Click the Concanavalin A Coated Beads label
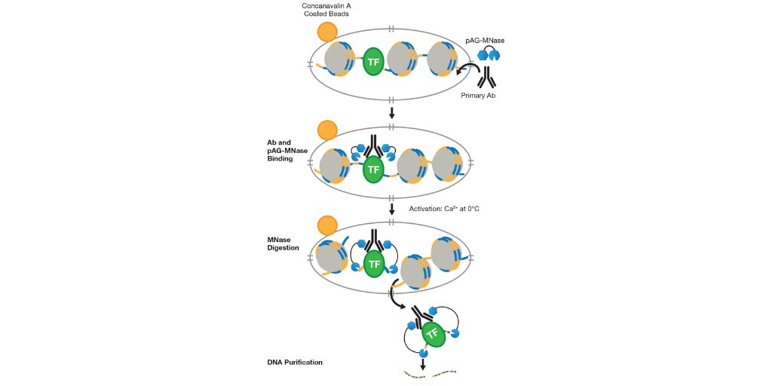(x=326, y=9)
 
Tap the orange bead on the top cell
(x=327, y=32)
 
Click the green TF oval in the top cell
(x=372, y=62)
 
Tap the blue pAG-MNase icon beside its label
(x=489, y=54)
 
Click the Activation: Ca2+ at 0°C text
(x=444, y=208)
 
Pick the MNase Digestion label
(x=284, y=243)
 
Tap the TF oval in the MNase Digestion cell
(x=372, y=264)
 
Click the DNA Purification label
(x=295, y=363)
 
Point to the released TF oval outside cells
(x=432, y=333)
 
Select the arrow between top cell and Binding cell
(x=391, y=113)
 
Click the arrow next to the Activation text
(x=391, y=208)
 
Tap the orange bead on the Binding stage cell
(x=327, y=129)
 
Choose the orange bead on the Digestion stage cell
(x=327, y=225)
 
